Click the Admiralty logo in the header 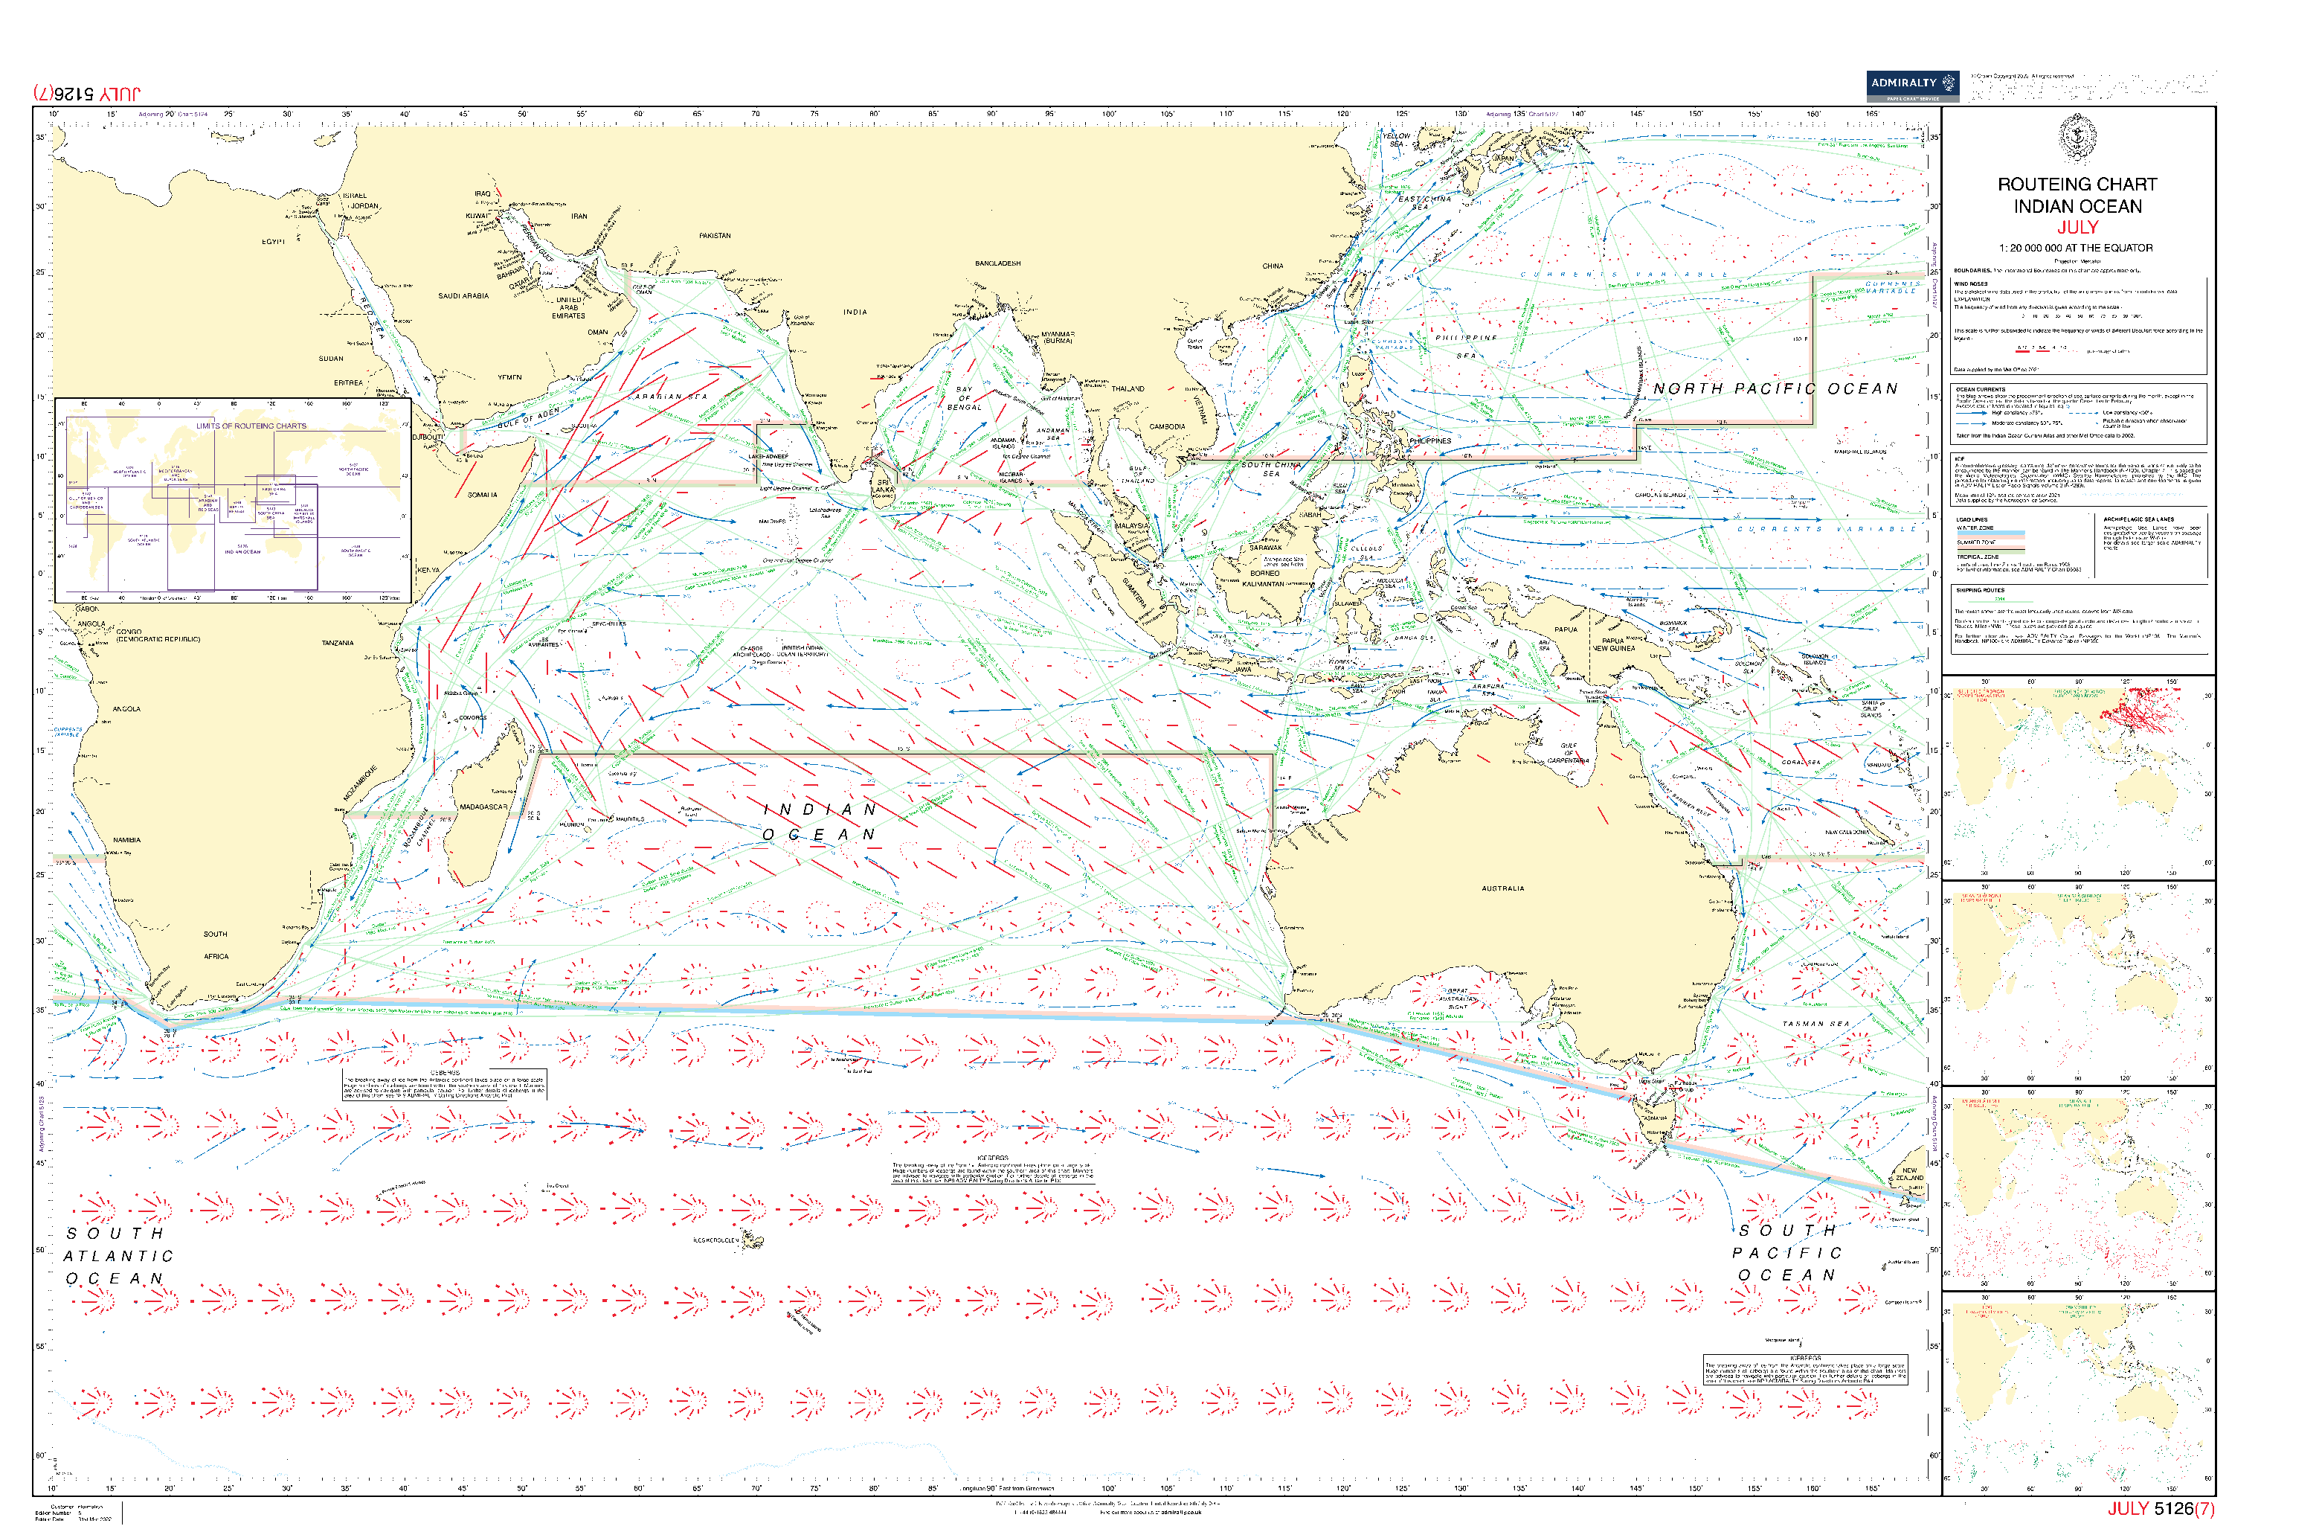coord(1911,85)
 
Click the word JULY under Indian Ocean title coord(2077,227)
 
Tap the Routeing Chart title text coord(2077,185)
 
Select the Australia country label coord(1502,888)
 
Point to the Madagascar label coord(483,807)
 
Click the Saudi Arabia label coord(463,295)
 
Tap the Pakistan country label coord(715,236)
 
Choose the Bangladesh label coord(997,263)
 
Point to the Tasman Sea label coord(1815,1024)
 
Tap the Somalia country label coord(481,494)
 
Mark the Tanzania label coord(337,644)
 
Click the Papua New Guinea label coord(1612,644)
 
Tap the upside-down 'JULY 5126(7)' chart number coord(87,94)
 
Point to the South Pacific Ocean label coord(1786,1253)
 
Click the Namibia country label coord(126,839)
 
